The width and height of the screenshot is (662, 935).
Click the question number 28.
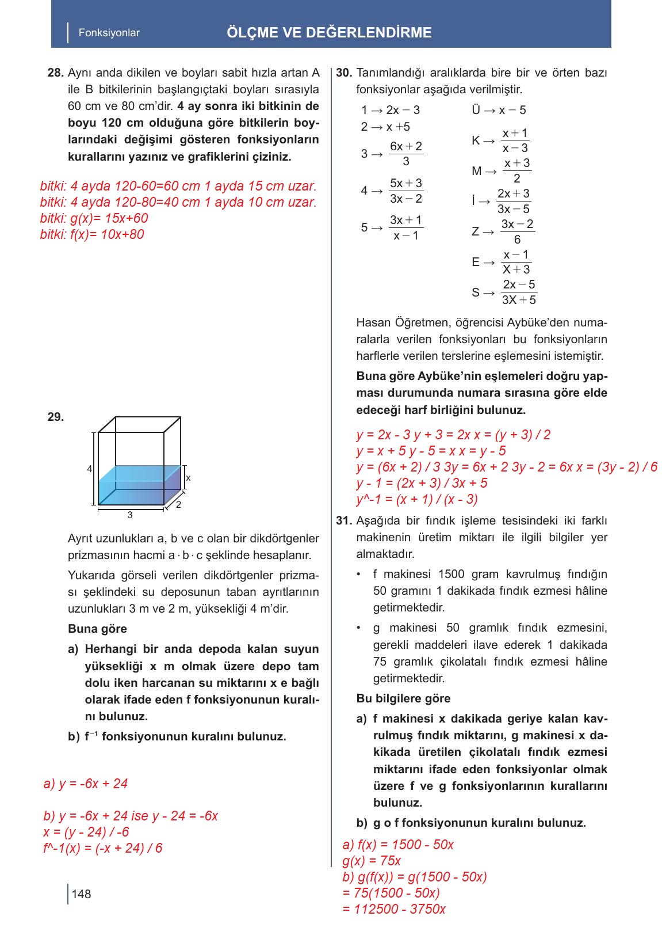(55, 73)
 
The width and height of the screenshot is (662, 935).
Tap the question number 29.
(55, 417)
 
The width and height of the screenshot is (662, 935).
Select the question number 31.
(343, 520)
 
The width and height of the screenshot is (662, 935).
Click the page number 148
(82, 894)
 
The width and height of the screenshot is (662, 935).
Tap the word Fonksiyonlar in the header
(109, 33)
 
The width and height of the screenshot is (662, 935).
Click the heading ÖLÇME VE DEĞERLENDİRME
(329, 33)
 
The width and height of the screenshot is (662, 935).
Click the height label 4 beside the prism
(89, 469)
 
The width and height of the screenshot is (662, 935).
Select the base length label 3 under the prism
(130, 515)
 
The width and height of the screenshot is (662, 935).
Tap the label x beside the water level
(188, 478)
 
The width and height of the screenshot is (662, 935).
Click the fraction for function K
(514, 140)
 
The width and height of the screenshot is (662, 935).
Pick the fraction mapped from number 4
(405, 191)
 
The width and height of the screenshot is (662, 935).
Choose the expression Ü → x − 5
(498, 110)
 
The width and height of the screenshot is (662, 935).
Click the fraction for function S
(518, 292)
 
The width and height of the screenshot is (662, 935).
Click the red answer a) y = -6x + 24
(86, 784)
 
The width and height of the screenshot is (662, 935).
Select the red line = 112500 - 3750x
(393, 909)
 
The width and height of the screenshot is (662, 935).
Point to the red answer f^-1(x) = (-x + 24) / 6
(103, 848)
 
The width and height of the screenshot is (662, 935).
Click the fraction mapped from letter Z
(516, 231)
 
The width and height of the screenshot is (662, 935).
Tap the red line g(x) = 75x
(372, 861)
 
